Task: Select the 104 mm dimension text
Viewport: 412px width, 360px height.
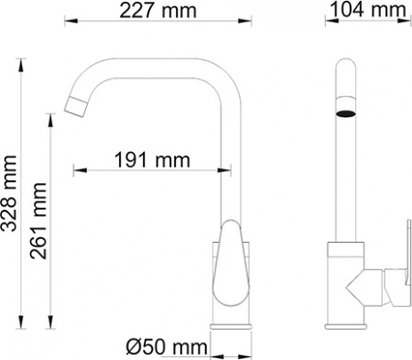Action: point(366,12)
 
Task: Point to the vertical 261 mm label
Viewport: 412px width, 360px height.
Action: point(39,220)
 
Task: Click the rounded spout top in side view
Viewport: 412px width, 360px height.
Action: point(344,66)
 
